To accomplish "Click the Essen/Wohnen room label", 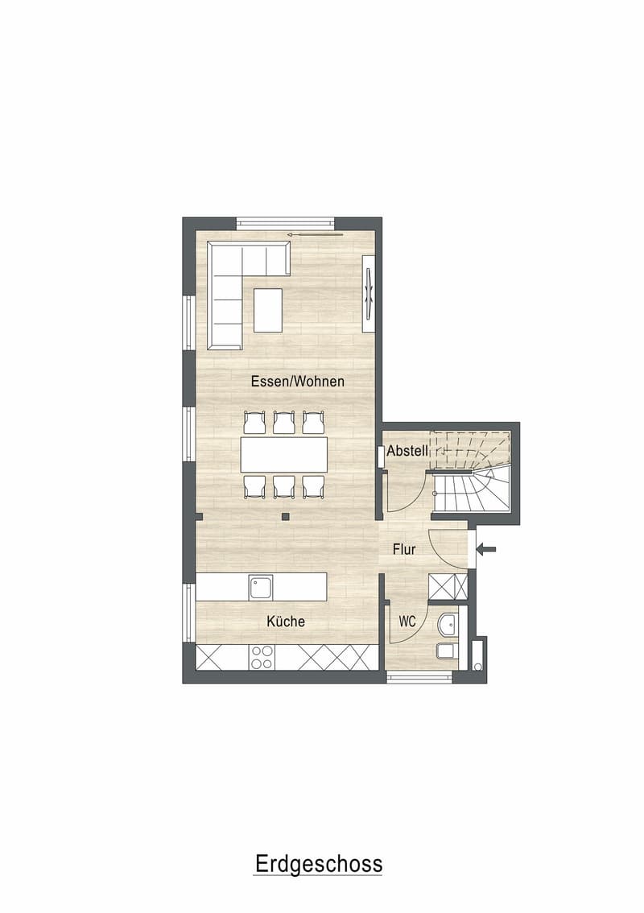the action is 298,382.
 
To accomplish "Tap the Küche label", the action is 286,622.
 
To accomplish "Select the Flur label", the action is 404,549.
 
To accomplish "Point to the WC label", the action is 407,622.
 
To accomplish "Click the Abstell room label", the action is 407,451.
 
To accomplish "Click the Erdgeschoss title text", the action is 319,864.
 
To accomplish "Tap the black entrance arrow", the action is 486,548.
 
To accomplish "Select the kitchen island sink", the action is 261,588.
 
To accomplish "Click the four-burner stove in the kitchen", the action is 262,657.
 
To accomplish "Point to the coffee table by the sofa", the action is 268,310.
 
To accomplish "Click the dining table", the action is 284,454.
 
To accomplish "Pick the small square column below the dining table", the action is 285,516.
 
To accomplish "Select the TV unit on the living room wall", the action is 369,293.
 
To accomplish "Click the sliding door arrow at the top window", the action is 315,234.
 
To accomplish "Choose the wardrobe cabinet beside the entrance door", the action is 448,586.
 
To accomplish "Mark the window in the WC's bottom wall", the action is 419,676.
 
